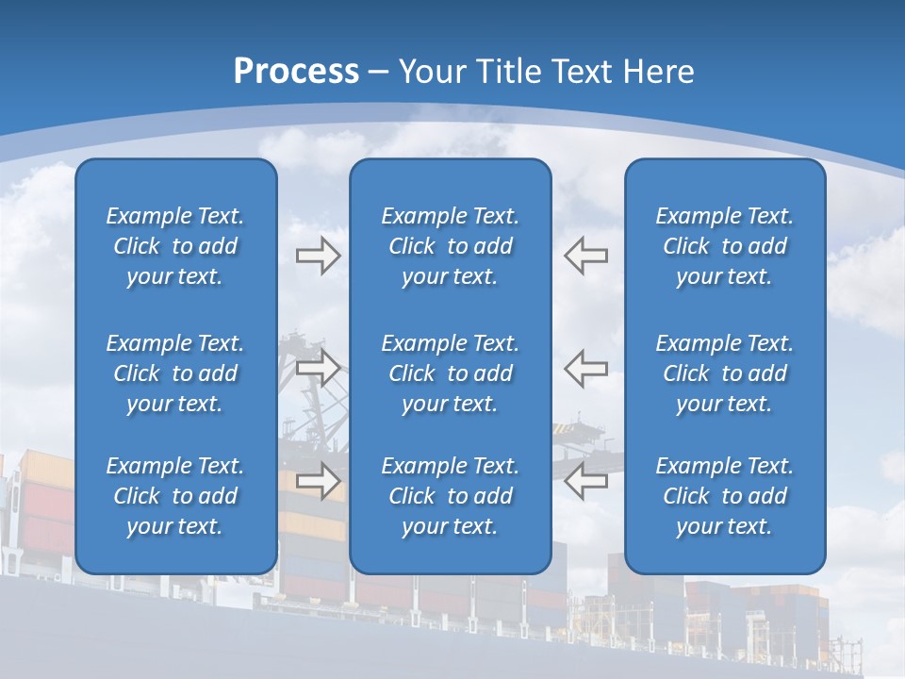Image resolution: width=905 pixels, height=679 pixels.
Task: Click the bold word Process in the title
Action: tap(296, 72)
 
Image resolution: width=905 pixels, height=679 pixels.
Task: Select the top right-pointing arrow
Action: tap(318, 256)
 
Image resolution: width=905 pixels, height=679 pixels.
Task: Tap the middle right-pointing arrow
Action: tap(318, 368)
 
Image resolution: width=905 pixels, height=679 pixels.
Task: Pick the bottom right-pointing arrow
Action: tap(318, 481)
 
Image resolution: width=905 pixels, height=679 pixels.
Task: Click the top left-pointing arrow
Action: tap(585, 256)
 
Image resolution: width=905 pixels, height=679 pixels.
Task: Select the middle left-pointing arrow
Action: tap(585, 368)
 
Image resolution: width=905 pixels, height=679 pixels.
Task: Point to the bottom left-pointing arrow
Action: tap(585, 481)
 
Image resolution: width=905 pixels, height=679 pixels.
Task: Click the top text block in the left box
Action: tap(175, 246)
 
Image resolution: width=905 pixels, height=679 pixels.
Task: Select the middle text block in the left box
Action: tap(175, 373)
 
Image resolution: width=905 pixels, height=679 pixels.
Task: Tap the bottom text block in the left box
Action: tap(175, 496)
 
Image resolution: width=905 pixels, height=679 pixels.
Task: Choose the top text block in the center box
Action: tap(450, 246)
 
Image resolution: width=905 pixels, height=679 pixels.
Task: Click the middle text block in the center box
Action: tap(450, 373)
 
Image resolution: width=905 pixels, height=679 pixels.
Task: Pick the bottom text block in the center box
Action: tap(450, 496)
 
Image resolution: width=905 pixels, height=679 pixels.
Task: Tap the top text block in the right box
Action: tap(724, 246)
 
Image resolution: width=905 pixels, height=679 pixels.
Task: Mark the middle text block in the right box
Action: tap(724, 373)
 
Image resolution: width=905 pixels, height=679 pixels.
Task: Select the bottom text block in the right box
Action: tap(724, 496)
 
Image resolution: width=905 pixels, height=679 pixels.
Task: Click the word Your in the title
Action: tap(433, 72)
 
